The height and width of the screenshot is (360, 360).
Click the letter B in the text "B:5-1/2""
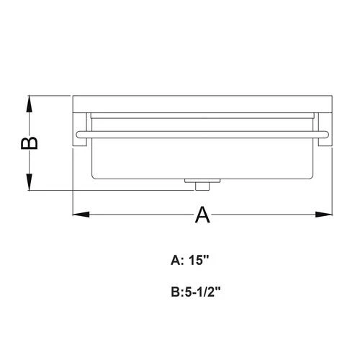point(176,293)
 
